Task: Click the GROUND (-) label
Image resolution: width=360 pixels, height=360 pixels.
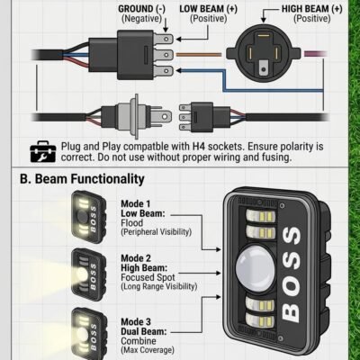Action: (x=141, y=9)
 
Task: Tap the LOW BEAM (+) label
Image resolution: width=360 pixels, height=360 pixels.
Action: (x=209, y=9)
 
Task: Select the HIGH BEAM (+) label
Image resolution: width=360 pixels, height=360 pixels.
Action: (x=312, y=9)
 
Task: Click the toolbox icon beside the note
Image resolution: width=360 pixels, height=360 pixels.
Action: (x=43, y=151)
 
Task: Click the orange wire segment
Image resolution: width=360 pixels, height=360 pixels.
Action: (x=199, y=55)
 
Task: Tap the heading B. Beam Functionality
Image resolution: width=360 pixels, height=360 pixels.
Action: (x=82, y=179)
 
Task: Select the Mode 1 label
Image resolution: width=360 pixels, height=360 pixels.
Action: (x=135, y=203)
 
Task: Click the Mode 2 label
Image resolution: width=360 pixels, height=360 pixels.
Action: (x=136, y=258)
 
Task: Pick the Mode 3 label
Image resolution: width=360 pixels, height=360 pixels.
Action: (x=136, y=322)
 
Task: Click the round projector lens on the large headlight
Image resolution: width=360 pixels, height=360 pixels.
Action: (x=256, y=265)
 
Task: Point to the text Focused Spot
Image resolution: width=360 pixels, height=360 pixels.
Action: (x=148, y=277)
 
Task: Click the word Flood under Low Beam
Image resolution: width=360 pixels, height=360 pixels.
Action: (x=132, y=223)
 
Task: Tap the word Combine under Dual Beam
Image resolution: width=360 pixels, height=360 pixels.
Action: (x=139, y=341)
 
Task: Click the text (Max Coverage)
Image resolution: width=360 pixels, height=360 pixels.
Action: (x=148, y=350)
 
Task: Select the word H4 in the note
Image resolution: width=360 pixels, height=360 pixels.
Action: (x=199, y=147)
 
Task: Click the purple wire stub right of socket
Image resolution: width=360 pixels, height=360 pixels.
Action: (x=315, y=54)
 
